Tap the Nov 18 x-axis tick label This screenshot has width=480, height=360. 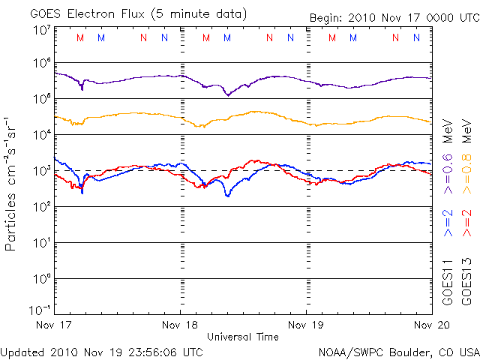(180, 325)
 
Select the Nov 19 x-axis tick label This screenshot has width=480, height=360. (306, 325)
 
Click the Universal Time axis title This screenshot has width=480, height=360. (242, 337)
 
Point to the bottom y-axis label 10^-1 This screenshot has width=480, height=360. (40, 310)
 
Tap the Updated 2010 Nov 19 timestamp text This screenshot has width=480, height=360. (102, 351)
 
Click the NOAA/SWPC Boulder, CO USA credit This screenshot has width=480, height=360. (398, 351)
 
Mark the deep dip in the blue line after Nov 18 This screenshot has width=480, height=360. (227, 195)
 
